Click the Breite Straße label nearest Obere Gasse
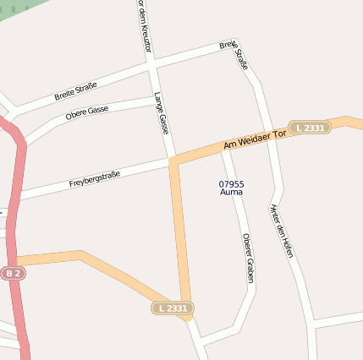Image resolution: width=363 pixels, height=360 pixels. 75,90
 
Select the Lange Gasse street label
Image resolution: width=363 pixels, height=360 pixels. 162,114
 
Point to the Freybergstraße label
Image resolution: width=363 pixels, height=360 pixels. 94,179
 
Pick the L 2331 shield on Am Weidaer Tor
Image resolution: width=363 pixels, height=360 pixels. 310,128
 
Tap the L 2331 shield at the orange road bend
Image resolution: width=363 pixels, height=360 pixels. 173,309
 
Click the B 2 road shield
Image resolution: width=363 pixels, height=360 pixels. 12,273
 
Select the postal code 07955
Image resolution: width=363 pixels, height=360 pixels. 231,183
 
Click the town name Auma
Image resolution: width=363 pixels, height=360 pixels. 231,193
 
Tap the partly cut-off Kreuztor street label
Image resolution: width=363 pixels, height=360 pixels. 143,25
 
